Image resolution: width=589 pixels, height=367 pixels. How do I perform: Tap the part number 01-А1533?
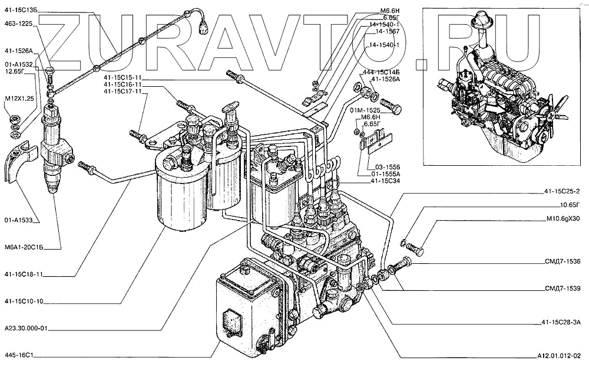tap(19, 220)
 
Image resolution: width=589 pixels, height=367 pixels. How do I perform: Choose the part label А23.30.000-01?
tap(25, 329)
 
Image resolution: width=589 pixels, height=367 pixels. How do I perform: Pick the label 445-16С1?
tap(19, 356)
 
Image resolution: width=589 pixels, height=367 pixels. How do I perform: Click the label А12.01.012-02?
tap(559, 356)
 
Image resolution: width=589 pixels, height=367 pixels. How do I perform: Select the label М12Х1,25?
tap(19, 98)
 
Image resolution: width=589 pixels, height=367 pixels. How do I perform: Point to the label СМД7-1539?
tap(562, 289)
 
